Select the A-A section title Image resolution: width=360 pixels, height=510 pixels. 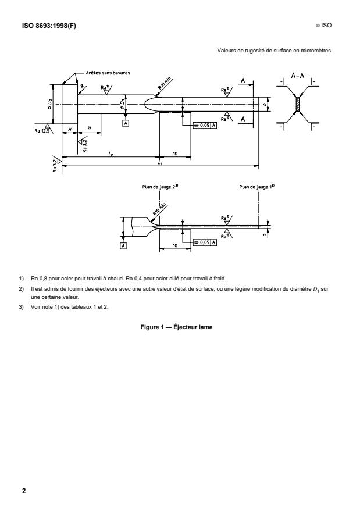298,76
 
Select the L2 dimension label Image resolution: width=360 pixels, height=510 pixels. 111,152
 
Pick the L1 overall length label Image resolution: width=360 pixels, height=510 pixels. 159,163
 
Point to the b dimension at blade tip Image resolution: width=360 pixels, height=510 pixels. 265,105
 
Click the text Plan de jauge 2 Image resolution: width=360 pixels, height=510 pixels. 158,187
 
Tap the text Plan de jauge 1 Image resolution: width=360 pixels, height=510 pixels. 255,187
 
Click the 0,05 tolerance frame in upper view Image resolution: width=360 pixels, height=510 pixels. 204,126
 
